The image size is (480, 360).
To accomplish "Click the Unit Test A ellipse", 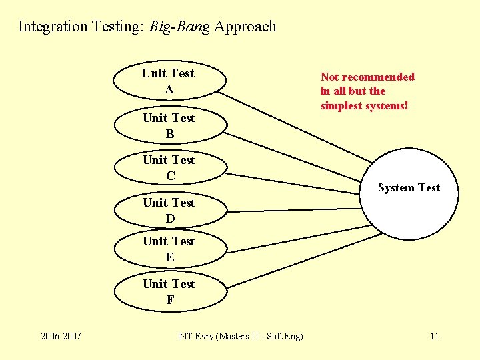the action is pyautogui.click(x=168, y=81).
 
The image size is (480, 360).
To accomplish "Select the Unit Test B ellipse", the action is pyautogui.click(x=169, y=125).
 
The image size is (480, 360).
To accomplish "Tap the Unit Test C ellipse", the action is pyautogui.click(x=169, y=167).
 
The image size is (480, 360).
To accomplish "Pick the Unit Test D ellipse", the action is pyautogui.click(x=169, y=210).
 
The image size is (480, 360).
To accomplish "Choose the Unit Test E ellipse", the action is pyautogui.click(x=169, y=249).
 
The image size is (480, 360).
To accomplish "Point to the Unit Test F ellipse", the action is pyautogui.click(x=169, y=291).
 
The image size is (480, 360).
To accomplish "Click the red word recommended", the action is pyautogui.click(x=377, y=77).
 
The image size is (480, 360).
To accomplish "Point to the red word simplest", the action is pyautogui.click(x=341, y=105).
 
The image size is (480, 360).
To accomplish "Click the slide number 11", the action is pyautogui.click(x=434, y=335).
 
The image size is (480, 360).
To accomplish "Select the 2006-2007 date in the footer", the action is pyautogui.click(x=61, y=335).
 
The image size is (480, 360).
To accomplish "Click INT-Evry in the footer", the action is pyautogui.click(x=195, y=336).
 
